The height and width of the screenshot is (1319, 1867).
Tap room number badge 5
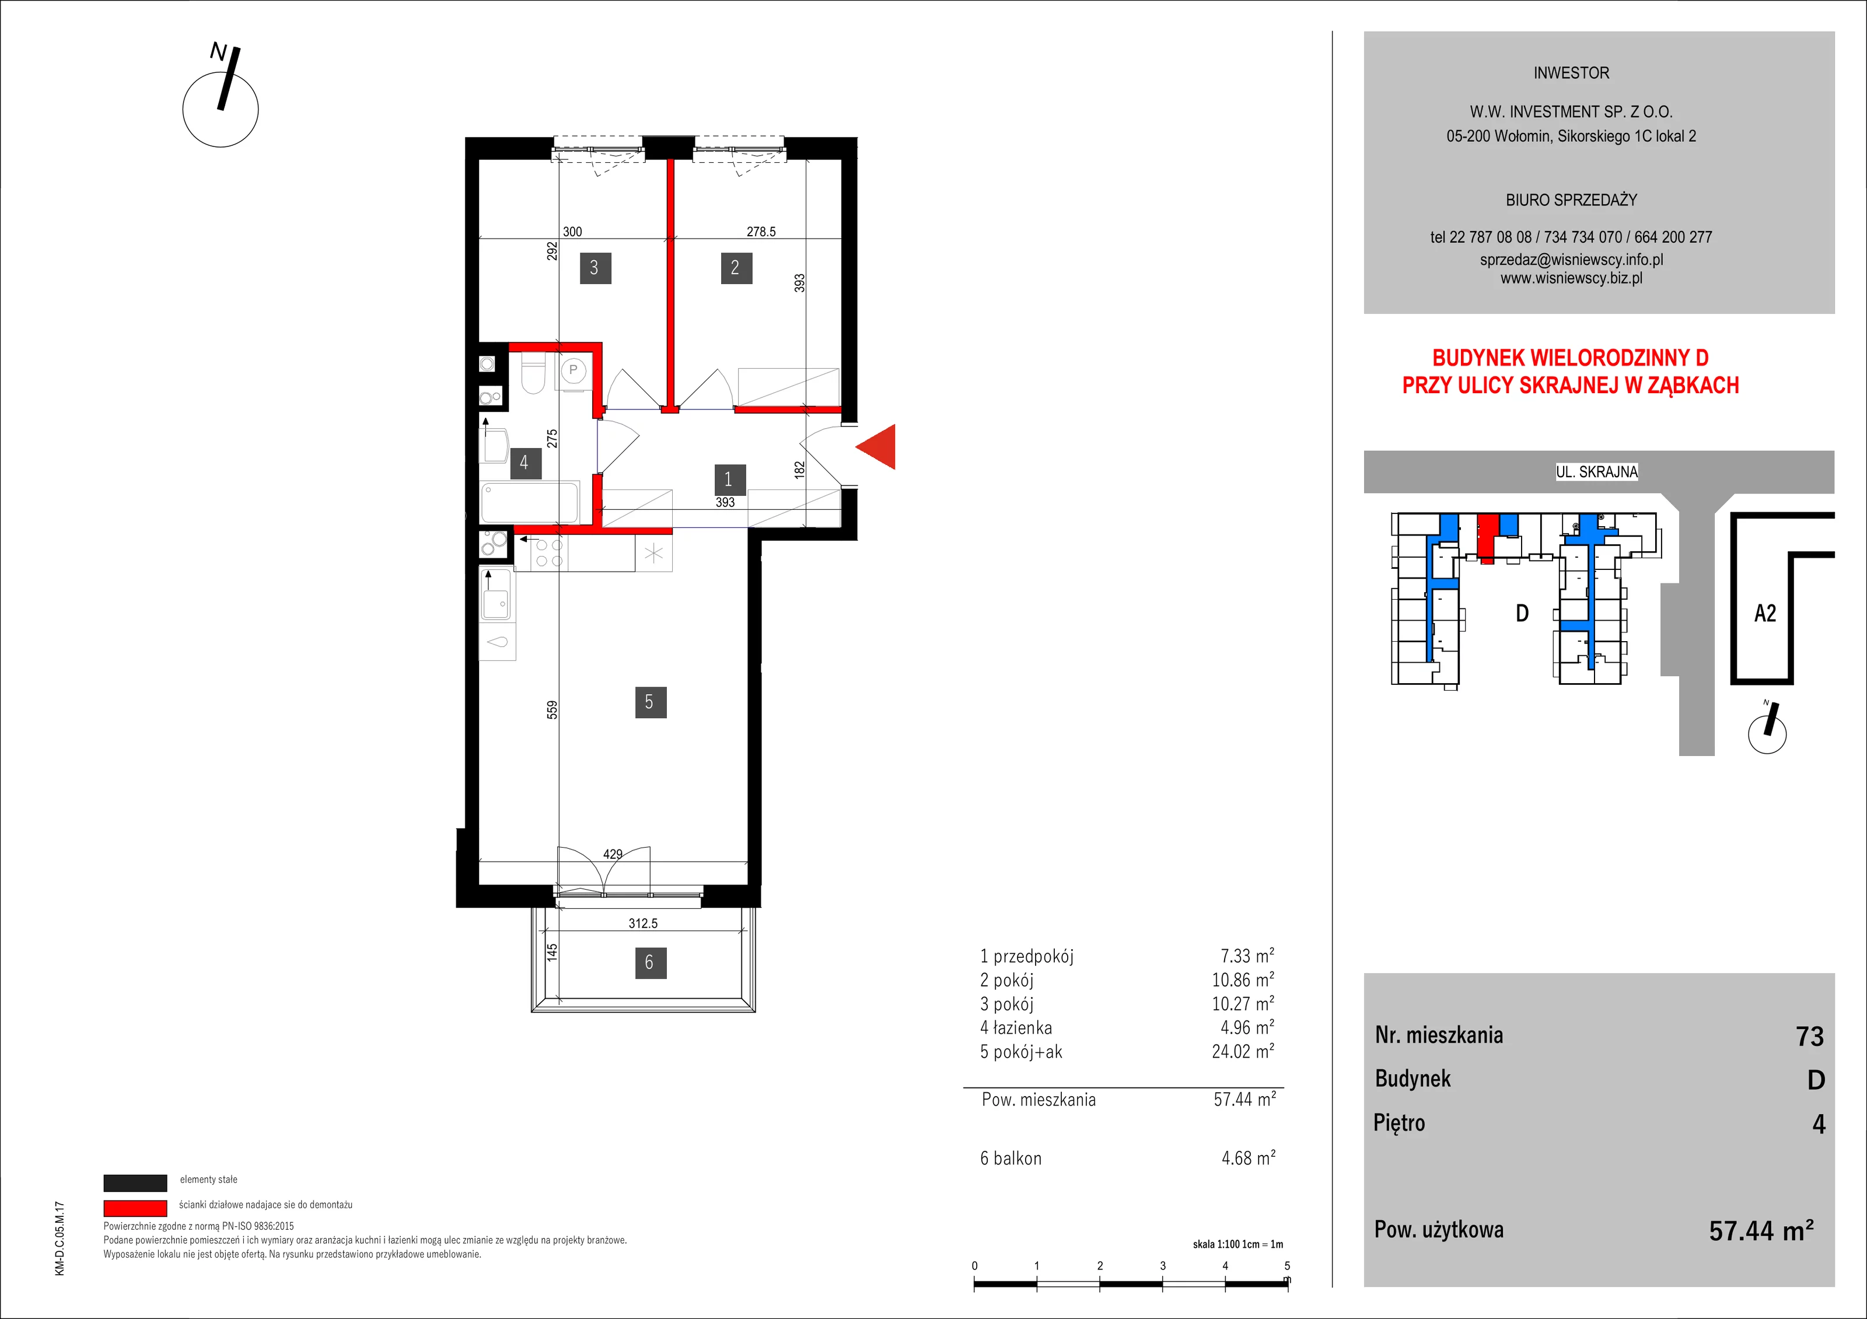coord(650,702)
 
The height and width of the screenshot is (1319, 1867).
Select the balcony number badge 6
coord(650,963)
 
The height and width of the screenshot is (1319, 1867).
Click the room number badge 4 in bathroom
coord(525,463)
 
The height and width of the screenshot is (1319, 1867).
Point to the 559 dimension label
coord(552,710)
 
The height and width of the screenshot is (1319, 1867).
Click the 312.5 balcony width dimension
coord(642,923)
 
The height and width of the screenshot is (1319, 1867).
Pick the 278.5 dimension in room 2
coord(761,232)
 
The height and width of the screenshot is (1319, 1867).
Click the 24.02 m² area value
coord(1243,1051)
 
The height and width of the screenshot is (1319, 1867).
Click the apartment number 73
coord(1810,1036)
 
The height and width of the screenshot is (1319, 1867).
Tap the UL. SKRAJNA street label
coord(1597,471)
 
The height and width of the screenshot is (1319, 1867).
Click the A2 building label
coord(1765,613)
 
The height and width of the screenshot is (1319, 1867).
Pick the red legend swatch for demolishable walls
coord(135,1208)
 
